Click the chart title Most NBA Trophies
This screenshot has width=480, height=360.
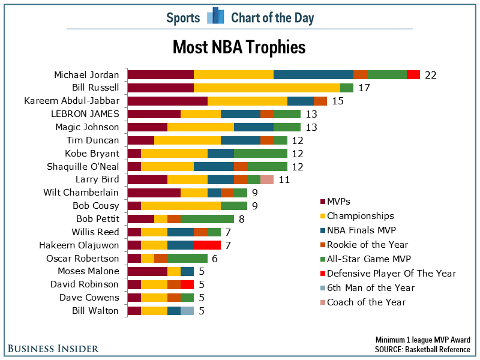point(239,47)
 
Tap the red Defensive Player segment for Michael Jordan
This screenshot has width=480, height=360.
point(413,74)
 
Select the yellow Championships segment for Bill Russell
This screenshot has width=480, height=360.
point(266,88)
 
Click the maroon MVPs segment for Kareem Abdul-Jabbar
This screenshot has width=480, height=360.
point(167,101)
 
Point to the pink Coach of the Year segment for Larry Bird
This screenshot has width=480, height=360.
point(267,179)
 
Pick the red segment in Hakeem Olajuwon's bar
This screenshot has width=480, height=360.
point(207,245)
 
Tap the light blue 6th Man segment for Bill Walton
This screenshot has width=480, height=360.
point(187,310)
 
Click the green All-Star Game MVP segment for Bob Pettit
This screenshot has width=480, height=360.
point(207,218)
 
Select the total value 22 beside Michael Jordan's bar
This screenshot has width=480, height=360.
point(430,75)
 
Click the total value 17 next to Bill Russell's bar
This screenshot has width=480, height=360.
point(364,88)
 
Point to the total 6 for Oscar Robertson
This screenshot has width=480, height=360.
point(214,259)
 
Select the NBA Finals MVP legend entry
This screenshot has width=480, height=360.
point(361,230)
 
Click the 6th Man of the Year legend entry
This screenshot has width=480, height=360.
point(370,287)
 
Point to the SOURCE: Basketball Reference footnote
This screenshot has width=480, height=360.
point(422,349)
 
